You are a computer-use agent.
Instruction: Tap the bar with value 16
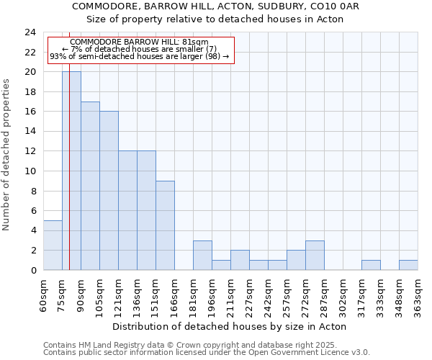(109, 191)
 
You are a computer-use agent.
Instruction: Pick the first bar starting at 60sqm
(53, 245)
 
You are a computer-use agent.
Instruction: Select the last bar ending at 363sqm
(408, 265)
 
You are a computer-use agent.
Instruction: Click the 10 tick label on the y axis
(30, 171)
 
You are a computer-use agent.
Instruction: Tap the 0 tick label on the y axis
(32, 271)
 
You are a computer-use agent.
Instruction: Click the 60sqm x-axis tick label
(43, 294)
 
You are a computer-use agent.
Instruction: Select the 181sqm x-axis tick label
(193, 294)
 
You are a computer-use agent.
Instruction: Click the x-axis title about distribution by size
(230, 326)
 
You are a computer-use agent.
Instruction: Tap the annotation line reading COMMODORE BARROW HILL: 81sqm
(140, 42)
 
